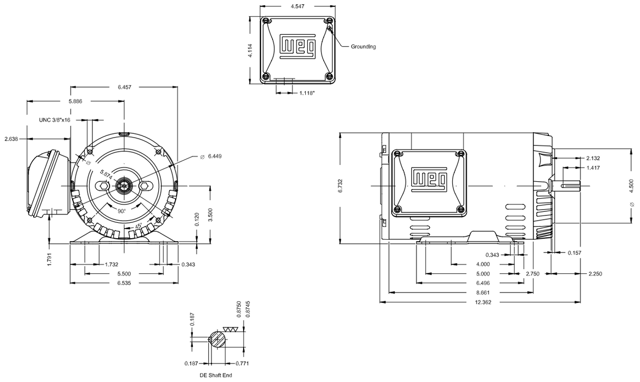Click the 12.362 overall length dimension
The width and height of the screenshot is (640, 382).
483,302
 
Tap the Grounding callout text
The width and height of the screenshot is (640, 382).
363,47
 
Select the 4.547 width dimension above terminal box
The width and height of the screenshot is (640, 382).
299,7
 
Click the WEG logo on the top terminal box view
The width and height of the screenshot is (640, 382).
298,46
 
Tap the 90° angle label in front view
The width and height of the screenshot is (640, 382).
121,210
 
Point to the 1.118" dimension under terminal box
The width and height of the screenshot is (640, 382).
307,93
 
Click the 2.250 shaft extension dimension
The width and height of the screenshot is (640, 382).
594,273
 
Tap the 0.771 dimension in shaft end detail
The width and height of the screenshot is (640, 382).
243,364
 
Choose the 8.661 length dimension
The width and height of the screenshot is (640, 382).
483,292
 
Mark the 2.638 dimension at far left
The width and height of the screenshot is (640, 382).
12,139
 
